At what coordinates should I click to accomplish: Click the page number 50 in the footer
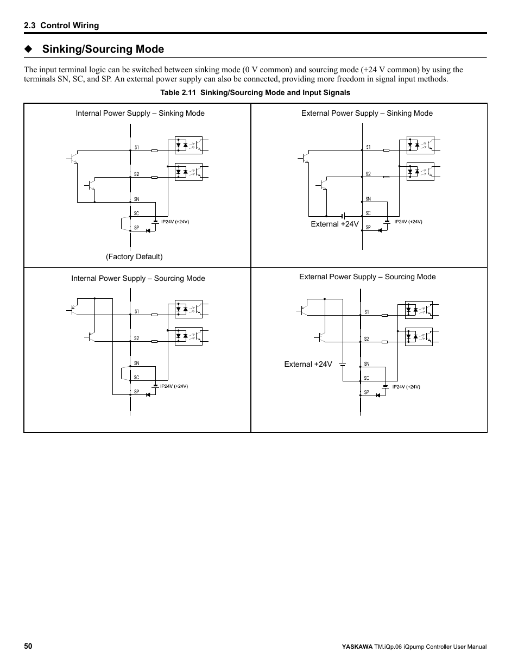point(28,647)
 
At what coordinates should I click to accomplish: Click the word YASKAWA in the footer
point(357,647)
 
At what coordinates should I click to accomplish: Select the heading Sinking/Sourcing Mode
point(103,49)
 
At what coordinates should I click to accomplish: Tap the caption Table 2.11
point(178,93)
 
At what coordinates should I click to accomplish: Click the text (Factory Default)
point(134,256)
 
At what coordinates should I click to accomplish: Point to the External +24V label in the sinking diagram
point(334,224)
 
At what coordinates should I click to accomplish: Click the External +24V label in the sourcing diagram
point(308,365)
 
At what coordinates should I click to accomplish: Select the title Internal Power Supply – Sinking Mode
point(140,114)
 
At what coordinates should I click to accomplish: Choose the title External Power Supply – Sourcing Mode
point(368,277)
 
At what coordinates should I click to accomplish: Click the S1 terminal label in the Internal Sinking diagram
point(137,148)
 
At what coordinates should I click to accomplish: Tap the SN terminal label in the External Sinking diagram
point(368,199)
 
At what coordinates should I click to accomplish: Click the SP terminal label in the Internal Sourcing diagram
point(136,392)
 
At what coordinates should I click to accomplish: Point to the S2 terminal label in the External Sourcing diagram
point(367,338)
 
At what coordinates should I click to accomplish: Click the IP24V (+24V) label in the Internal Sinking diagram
point(175,222)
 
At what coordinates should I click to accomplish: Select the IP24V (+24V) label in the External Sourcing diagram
point(406,387)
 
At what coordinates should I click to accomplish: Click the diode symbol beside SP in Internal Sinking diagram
point(148,230)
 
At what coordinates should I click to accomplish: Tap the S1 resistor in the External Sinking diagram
point(386,150)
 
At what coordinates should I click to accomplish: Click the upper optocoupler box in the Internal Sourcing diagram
point(188,309)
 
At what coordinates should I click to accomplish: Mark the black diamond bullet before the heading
point(28,49)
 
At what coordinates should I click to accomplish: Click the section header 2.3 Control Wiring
point(61,26)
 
